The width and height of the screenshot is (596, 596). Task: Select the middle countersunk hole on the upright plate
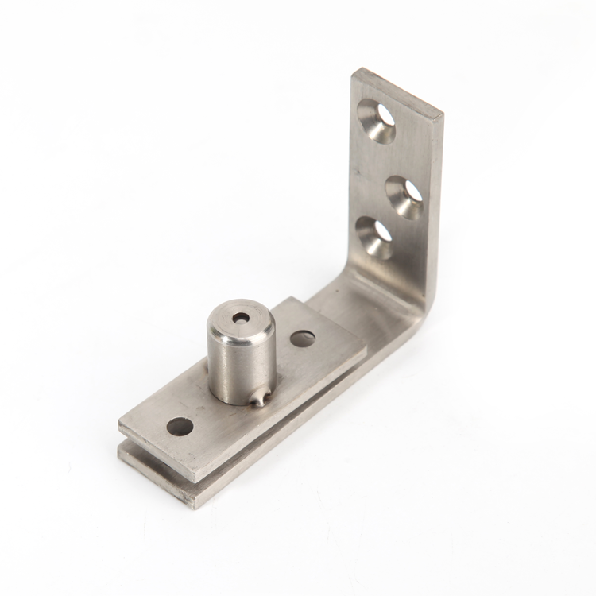coord(404,196)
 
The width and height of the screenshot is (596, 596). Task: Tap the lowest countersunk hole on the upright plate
coord(375,237)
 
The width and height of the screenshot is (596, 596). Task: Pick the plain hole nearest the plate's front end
coord(180,427)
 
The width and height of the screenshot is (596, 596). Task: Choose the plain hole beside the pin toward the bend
coord(302,339)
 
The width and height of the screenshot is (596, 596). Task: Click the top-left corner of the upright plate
coord(354,70)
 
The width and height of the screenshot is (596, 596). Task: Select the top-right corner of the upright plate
coord(442,114)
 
